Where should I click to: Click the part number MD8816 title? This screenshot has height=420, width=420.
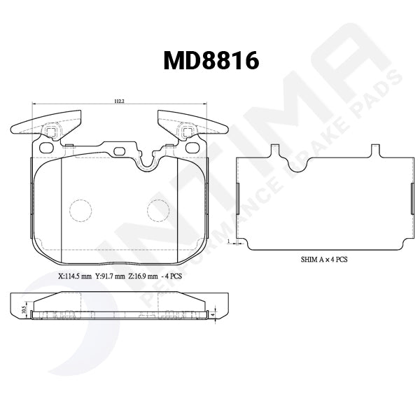click(x=211, y=61)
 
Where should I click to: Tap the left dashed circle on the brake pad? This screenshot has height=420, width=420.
click(x=82, y=209)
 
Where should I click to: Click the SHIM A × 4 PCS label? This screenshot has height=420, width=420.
click(x=323, y=259)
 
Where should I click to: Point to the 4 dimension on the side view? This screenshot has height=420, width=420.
click(x=212, y=315)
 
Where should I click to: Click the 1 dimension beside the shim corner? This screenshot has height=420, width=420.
click(x=230, y=239)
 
